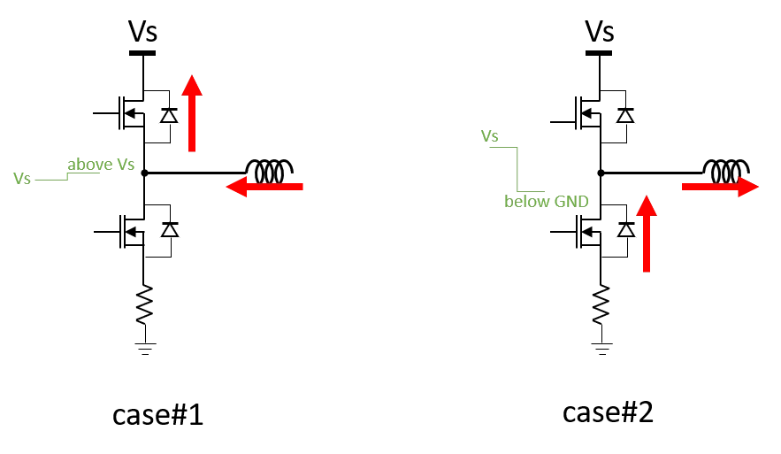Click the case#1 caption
click(158, 415)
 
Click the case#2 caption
click(608, 412)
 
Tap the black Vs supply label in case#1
click(143, 31)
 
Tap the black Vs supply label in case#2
click(599, 31)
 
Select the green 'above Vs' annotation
click(101, 164)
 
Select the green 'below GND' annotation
click(547, 201)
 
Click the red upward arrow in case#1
click(192, 113)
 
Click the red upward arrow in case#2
click(647, 234)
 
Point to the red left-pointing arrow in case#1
click(264, 187)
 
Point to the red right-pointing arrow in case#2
click(720, 187)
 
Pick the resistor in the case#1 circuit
click(144, 304)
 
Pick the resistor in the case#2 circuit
click(601, 304)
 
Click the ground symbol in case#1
click(145, 349)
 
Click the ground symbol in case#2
click(601, 349)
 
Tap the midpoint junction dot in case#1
click(144, 173)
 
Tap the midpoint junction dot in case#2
click(601, 173)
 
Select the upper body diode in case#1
click(169, 116)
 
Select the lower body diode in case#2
click(626, 230)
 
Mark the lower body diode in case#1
click(170, 230)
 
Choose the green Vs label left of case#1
click(22, 179)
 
